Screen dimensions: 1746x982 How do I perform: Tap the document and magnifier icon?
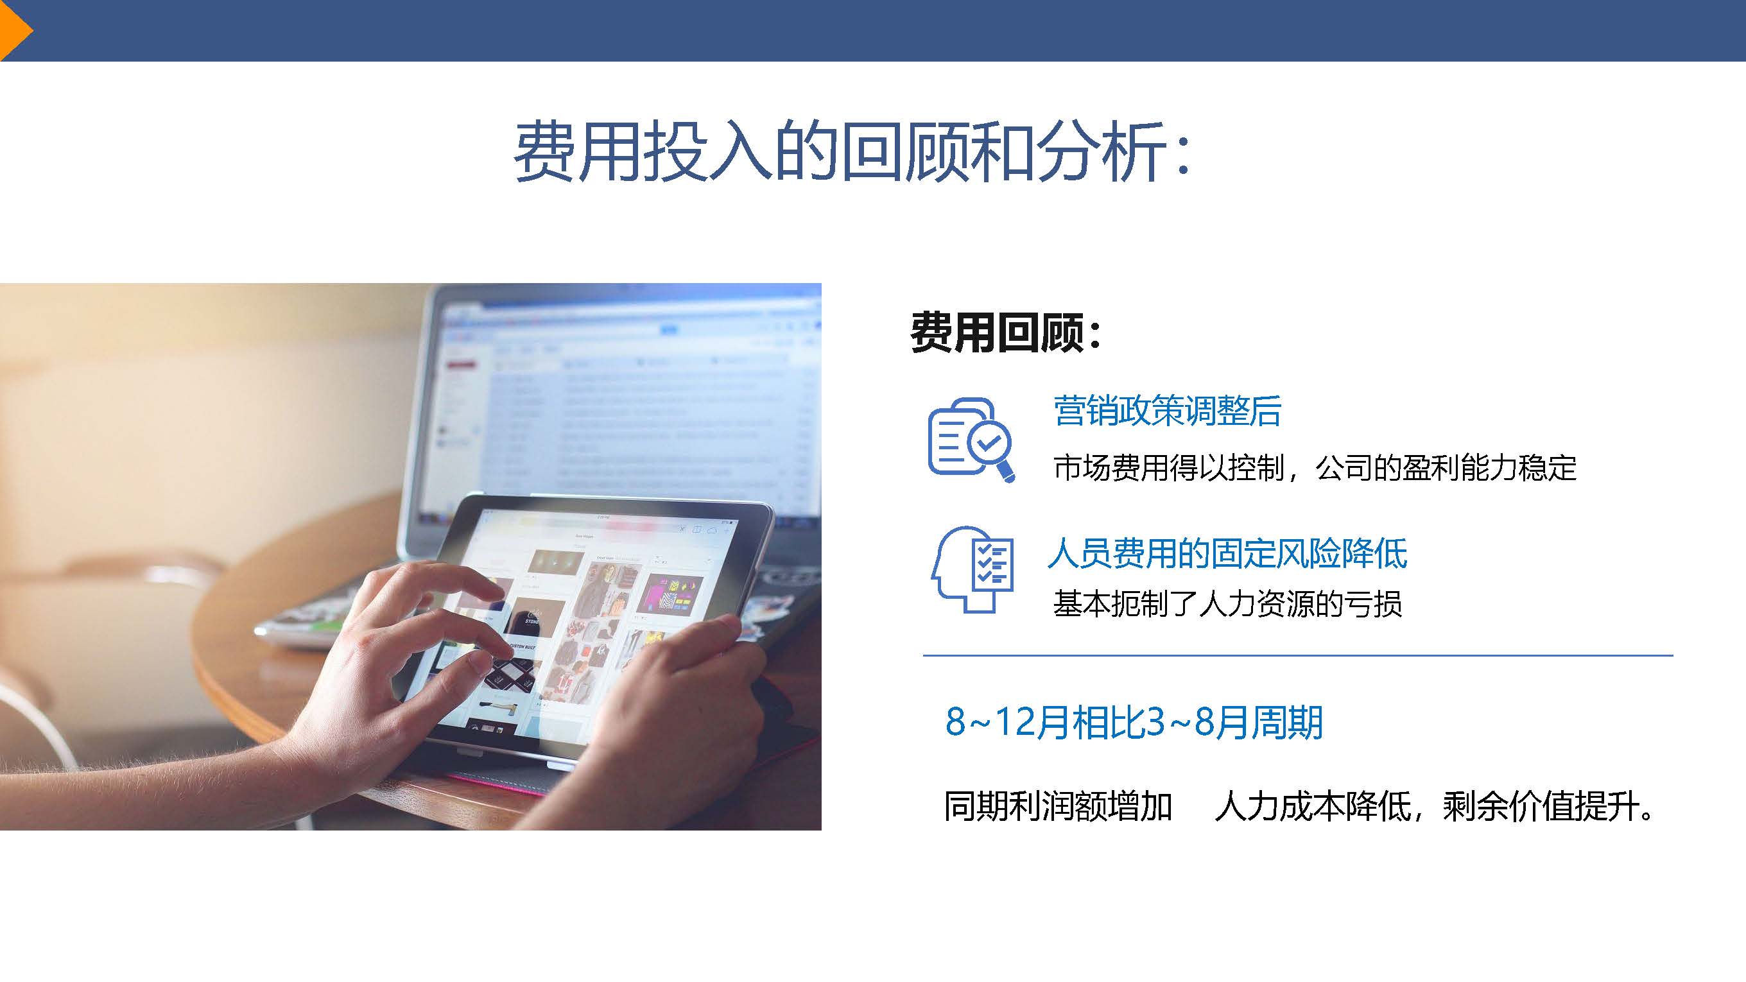(x=971, y=439)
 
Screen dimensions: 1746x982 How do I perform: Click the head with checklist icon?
(x=972, y=569)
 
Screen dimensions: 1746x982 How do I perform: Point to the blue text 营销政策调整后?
(x=1167, y=411)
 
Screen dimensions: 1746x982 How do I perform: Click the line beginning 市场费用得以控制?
(x=1315, y=468)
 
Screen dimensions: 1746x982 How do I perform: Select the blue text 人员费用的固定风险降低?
(x=1227, y=553)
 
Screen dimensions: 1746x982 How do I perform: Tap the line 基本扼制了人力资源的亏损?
(x=1227, y=604)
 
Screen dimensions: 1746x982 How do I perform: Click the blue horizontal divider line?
(x=1298, y=655)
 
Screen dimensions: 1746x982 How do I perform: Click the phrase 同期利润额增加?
(x=1058, y=807)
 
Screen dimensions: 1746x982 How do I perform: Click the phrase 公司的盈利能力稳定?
(x=1446, y=468)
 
